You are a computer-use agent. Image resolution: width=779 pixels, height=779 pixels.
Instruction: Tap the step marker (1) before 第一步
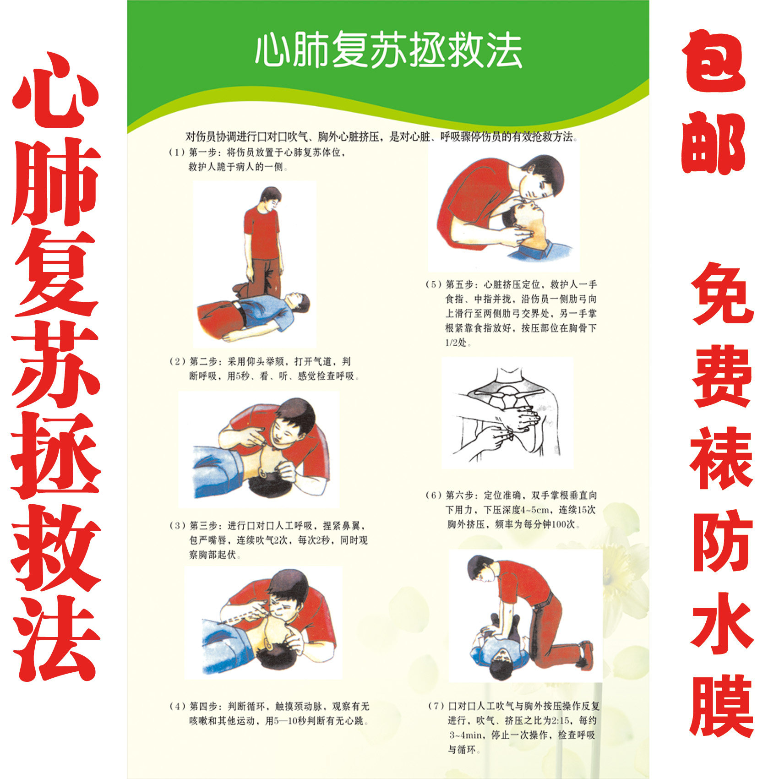click(x=177, y=153)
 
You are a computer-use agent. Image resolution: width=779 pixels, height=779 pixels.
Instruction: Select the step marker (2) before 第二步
click(x=177, y=362)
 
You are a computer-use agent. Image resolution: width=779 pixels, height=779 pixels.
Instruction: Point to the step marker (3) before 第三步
click(x=177, y=526)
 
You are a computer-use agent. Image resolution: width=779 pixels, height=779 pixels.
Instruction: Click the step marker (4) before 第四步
click(x=177, y=706)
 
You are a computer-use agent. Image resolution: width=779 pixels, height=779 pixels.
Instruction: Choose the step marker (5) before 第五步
click(x=433, y=284)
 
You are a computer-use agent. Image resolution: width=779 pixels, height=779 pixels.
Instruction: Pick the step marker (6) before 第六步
click(x=433, y=495)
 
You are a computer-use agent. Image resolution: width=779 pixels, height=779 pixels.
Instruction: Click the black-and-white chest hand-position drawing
click(x=507, y=412)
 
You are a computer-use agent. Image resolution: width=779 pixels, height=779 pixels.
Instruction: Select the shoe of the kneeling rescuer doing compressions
click(x=586, y=651)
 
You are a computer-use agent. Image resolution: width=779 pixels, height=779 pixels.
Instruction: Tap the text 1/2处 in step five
click(x=458, y=343)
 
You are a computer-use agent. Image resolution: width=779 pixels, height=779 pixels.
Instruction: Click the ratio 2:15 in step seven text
click(x=561, y=721)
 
